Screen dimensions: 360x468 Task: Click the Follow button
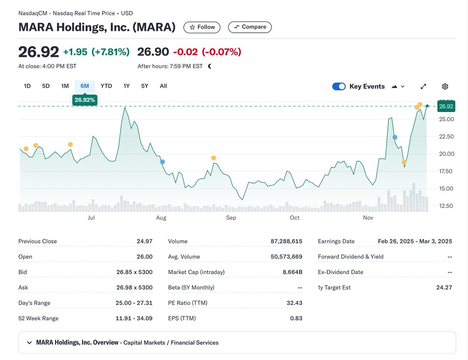[202, 27]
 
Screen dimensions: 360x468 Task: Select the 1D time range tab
[27, 86]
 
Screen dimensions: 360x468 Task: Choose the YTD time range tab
[106, 86]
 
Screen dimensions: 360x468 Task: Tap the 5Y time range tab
[145, 86]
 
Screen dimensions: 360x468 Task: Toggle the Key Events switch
[339, 86]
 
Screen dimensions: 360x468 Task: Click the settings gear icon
[445, 86]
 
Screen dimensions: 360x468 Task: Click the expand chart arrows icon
[424, 86]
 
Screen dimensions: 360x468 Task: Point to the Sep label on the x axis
[231, 218]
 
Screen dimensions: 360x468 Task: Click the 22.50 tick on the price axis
[447, 136]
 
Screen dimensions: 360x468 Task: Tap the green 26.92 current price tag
[446, 106]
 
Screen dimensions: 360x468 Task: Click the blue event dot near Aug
[163, 162]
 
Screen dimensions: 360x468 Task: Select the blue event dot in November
[395, 137]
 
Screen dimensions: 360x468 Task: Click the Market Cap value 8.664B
[292, 272]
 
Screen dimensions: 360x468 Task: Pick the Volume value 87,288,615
[286, 242]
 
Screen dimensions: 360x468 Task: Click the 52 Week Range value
[134, 318]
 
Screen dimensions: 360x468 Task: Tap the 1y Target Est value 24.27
[444, 288]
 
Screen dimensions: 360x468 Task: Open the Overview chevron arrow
[29, 343]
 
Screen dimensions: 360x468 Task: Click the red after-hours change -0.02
[185, 52]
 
